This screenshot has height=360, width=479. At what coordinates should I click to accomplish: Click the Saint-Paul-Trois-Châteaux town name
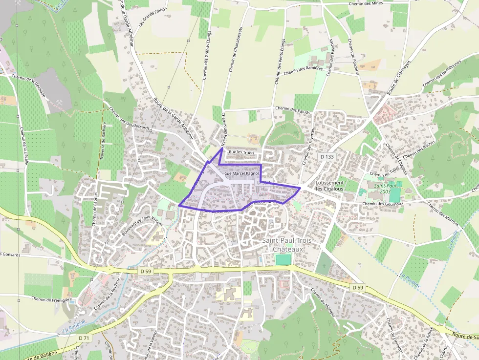tap(287, 245)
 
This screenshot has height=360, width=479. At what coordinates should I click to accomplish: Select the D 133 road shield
tap(327, 156)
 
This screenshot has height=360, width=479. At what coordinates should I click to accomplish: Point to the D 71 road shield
tap(84, 338)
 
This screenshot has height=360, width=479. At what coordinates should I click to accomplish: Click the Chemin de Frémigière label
tap(51, 298)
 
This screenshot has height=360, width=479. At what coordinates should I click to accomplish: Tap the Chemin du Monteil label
tap(323, 303)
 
